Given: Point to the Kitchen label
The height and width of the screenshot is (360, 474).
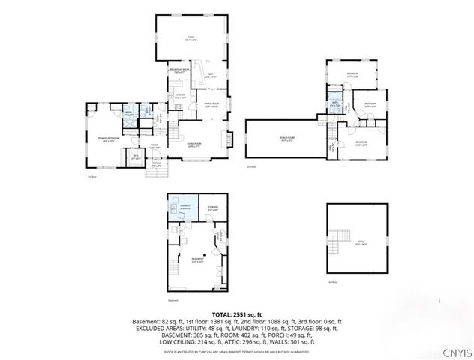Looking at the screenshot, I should tap(180, 96).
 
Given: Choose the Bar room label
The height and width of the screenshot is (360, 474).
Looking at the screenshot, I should tap(211, 73).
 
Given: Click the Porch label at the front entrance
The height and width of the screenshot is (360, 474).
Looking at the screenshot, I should tap(157, 166).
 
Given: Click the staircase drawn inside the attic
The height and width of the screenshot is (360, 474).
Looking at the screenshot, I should tap(343, 237).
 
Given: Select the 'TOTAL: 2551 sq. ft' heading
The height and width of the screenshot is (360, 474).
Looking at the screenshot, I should tap(237, 313).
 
